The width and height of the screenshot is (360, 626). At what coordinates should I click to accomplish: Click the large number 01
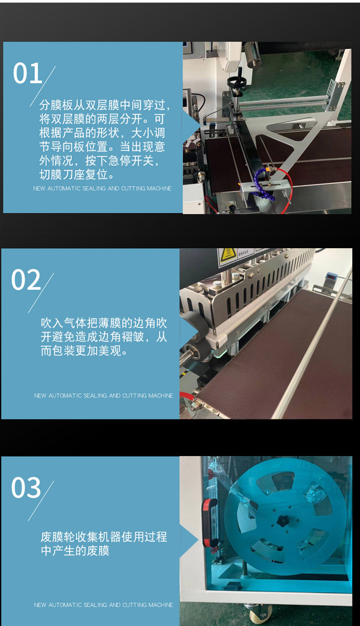pos(27,73)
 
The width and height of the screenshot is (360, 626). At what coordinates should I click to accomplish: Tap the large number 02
pos(26,280)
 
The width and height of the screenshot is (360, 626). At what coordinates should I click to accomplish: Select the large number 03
pos(26,488)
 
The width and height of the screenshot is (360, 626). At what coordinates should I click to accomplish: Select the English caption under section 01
pos(102,188)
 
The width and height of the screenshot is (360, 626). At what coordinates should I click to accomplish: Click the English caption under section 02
pos(103,396)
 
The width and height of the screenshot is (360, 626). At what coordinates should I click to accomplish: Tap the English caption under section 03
pos(103,605)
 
